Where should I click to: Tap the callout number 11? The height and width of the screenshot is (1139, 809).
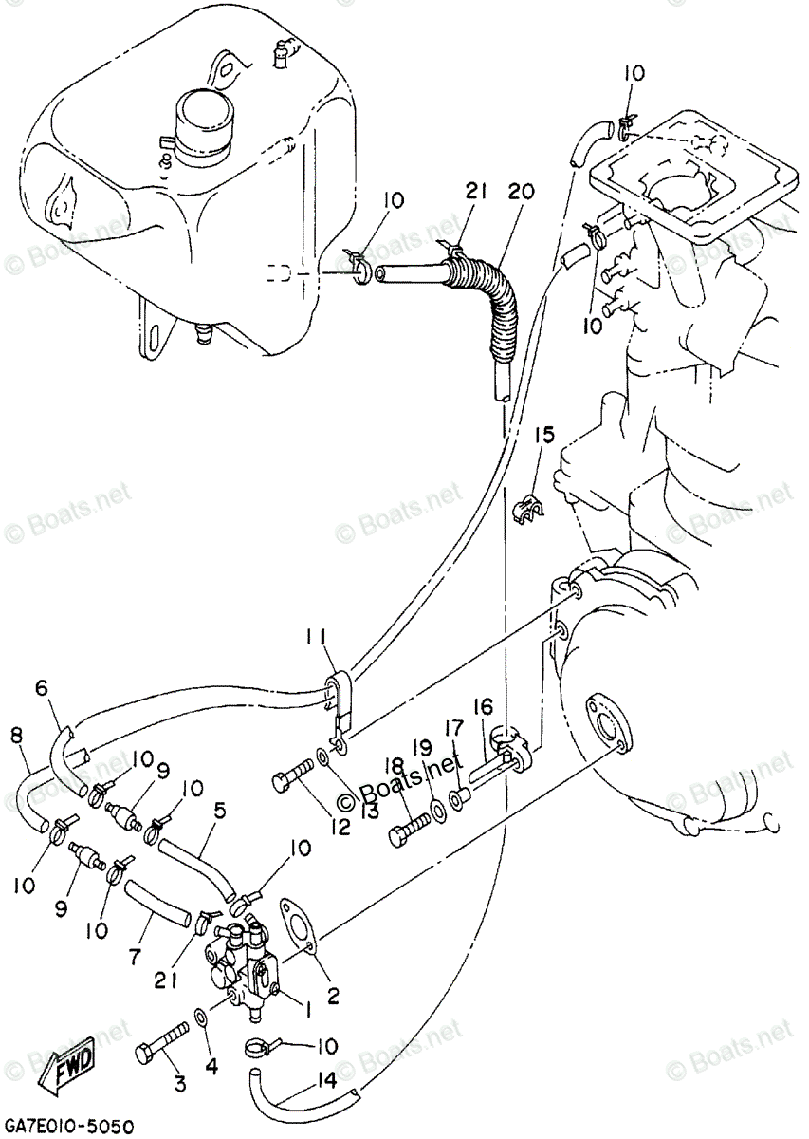pyautogui.click(x=316, y=636)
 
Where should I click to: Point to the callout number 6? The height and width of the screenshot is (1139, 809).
pyautogui.click(x=41, y=687)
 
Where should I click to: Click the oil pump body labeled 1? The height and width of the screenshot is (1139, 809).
pyautogui.click(x=243, y=978)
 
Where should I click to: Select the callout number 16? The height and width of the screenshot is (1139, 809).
pyautogui.click(x=484, y=706)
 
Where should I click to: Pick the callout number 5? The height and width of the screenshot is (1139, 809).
pyautogui.click(x=219, y=812)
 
